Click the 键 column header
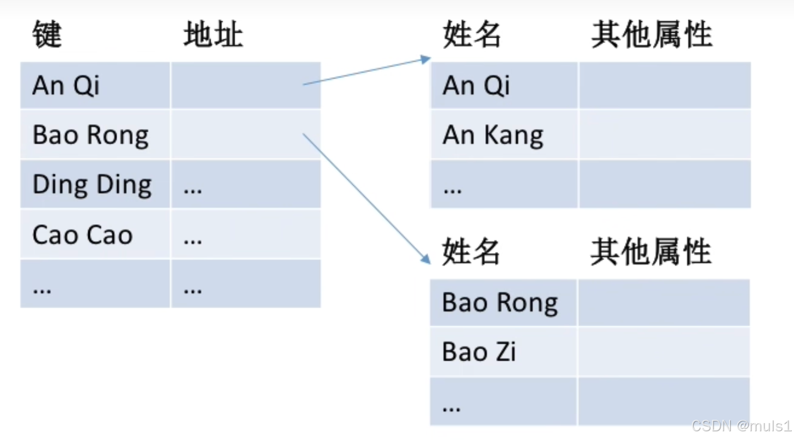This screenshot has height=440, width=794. pos(47,34)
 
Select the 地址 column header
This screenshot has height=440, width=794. pos(213,34)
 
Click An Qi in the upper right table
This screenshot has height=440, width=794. pos(476,85)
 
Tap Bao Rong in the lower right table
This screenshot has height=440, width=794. pos(500,302)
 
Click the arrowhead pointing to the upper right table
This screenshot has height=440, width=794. pos(425,59)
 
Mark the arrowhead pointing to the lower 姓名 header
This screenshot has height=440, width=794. pos(426,259)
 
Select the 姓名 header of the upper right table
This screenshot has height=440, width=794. pos(472,34)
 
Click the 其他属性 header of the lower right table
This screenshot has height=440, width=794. pos(651,252)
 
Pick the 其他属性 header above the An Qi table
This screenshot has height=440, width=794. pos(651,34)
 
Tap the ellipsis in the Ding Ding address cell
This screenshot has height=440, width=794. pos(193,191)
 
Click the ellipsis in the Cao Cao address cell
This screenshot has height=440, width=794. pos(193,241)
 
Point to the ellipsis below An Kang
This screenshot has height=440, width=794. pos(453,191)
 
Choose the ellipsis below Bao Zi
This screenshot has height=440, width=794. pos(451,409)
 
